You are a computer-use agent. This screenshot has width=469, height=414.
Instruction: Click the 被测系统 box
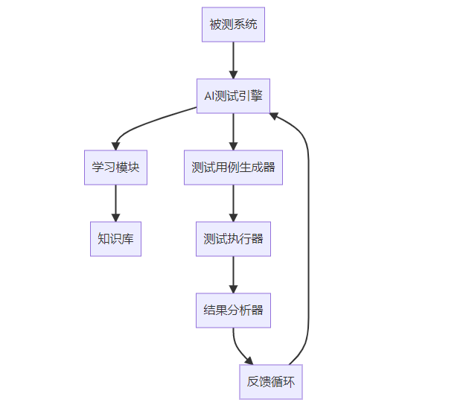point(233,25)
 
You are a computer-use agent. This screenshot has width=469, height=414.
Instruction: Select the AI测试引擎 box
point(233,96)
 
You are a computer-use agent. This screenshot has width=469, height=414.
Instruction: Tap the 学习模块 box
point(115,168)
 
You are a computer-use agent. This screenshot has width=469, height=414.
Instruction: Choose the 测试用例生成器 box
point(233,168)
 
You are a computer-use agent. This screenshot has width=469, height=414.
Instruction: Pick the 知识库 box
point(115,239)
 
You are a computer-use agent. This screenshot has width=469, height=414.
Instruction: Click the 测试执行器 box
point(233,239)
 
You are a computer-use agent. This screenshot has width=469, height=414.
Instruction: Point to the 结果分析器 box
point(233,310)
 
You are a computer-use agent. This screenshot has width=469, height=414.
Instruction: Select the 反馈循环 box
point(271,382)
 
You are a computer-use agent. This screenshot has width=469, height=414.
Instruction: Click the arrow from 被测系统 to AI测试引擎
point(233,60)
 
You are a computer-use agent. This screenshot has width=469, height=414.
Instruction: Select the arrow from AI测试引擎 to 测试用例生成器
point(233,132)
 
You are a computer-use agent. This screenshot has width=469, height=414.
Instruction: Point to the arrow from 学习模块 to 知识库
point(115,203)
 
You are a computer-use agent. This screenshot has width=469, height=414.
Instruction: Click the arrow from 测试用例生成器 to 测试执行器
point(233,203)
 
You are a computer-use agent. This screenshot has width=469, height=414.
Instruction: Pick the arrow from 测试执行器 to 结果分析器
point(233,275)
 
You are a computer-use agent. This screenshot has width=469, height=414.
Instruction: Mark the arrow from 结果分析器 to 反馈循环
point(237,348)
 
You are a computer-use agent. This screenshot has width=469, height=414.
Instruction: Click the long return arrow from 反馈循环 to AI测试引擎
point(308,239)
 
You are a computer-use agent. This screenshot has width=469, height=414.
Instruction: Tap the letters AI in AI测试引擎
point(209,96)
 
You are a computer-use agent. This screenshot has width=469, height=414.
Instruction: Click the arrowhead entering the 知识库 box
point(115,217)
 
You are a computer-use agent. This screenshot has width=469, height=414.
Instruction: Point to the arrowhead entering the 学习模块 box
point(115,146)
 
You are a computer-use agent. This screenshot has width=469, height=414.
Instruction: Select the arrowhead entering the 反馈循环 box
point(249,360)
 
